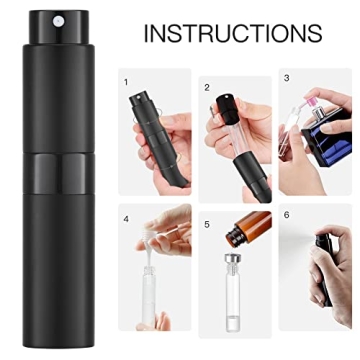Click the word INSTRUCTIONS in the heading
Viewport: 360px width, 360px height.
coord(232,32)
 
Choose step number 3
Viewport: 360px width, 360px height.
coord(286,76)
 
